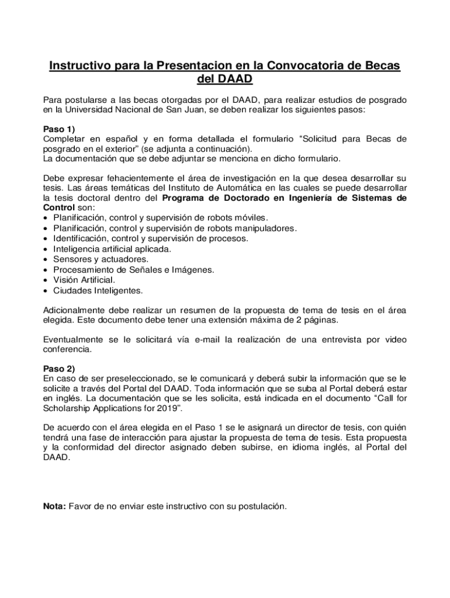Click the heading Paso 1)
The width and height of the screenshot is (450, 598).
[x=60, y=128]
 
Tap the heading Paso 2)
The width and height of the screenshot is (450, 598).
[x=60, y=368]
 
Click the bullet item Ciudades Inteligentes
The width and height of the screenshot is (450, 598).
[x=98, y=290]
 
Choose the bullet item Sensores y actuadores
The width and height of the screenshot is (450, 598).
[x=101, y=259]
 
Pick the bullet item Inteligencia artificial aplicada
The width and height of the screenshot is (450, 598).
[x=112, y=249]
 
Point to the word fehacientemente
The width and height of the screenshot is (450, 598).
[x=133, y=178]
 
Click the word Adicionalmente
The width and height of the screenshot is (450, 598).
[x=77, y=310]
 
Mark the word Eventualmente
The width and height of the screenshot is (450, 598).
[x=75, y=339]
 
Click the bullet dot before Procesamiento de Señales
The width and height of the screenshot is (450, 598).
[x=46, y=270]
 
